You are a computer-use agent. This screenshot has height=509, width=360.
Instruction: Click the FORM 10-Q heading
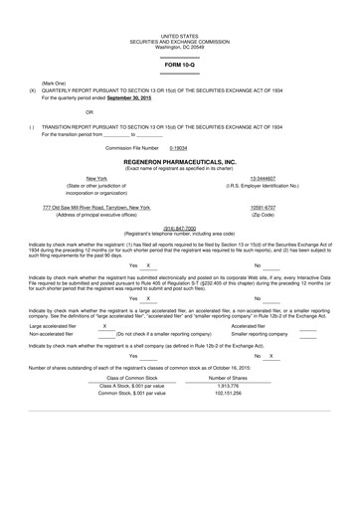point(180,65)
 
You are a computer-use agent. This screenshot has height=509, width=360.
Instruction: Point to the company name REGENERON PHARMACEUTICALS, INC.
point(180,160)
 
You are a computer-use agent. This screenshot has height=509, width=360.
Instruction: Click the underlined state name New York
point(96,178)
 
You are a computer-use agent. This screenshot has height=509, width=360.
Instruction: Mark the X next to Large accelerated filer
point(105,325)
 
